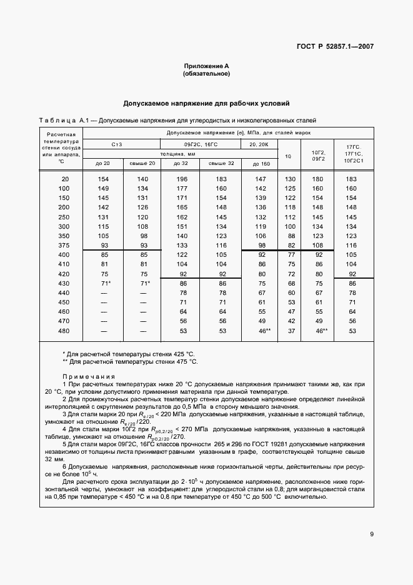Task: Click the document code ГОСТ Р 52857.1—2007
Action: (x=339, y=47)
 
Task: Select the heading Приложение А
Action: (x=206, y=66)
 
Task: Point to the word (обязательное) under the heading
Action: (x=206, y=74)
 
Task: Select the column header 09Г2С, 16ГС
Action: (x=200, y=144)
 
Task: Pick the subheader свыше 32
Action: (x=221, y=163)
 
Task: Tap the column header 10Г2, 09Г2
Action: (x=317, y=154)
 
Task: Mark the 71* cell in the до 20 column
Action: (x=104, y=284)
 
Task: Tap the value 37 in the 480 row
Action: (x=290, y=331)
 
